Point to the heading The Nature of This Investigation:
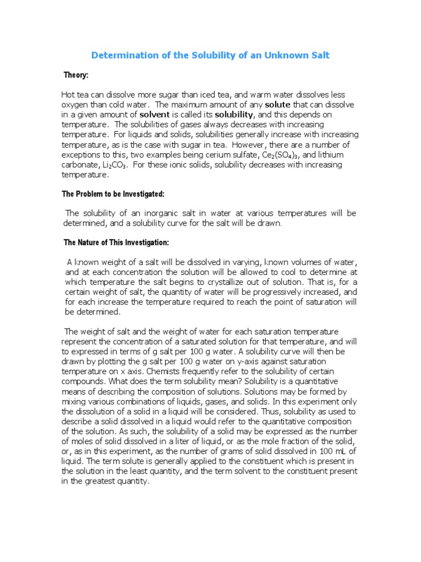[117, 242]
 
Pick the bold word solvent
[155, 114]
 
